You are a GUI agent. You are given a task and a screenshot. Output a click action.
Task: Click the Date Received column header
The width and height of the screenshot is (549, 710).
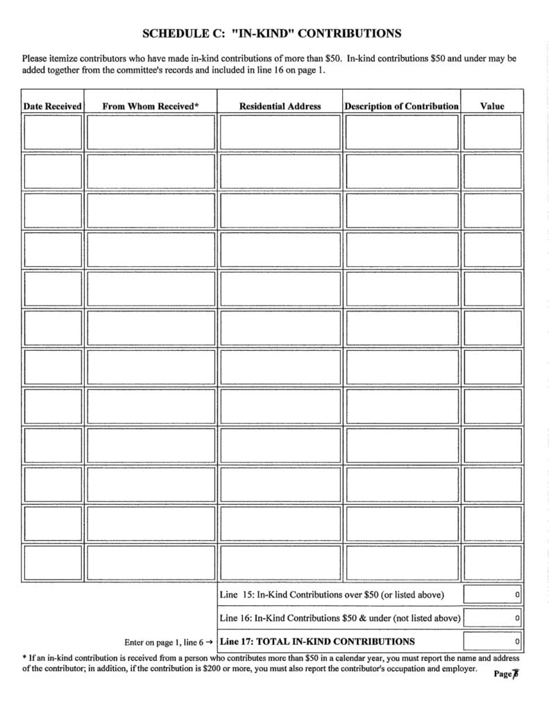(x=52, y=106)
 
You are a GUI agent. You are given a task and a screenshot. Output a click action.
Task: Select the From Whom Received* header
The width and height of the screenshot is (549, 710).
(x=151, y=106)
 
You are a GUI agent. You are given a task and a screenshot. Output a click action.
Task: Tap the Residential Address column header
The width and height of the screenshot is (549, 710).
(x=280, y=106)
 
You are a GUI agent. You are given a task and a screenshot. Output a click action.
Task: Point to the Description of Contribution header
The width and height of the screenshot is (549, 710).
(x=401, y=106)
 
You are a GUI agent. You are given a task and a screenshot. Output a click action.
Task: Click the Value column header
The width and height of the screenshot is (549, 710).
(x=492, y=106)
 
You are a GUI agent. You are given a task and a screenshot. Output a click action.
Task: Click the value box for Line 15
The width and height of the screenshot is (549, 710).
(x=492, y=595)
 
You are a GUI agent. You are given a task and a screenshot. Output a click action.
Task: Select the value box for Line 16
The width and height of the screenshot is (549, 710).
(x=492, y=618)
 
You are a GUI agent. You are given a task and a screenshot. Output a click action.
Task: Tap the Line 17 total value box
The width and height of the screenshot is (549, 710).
(x=492, y=641)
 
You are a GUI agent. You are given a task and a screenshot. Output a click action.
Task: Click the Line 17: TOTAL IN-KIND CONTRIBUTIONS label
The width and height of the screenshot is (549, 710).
(x=317, y=641)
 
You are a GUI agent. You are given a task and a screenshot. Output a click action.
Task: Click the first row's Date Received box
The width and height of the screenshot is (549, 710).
(x=52, y=132)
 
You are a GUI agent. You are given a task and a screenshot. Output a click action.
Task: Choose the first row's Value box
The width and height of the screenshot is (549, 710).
(x=492, y=132)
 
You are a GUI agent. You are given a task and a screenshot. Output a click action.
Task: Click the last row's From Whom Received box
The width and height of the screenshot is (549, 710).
(x=151, y=562)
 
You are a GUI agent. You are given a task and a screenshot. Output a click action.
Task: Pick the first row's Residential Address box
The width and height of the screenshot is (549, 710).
(x=280, y=132)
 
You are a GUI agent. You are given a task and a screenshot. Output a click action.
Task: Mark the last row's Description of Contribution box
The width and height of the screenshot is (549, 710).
(x=401, y=562)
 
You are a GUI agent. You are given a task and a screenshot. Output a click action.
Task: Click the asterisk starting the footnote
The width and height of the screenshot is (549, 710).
(x=24, y=657)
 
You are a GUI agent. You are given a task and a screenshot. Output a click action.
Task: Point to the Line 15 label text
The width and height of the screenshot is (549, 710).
(x=332, y=595)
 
